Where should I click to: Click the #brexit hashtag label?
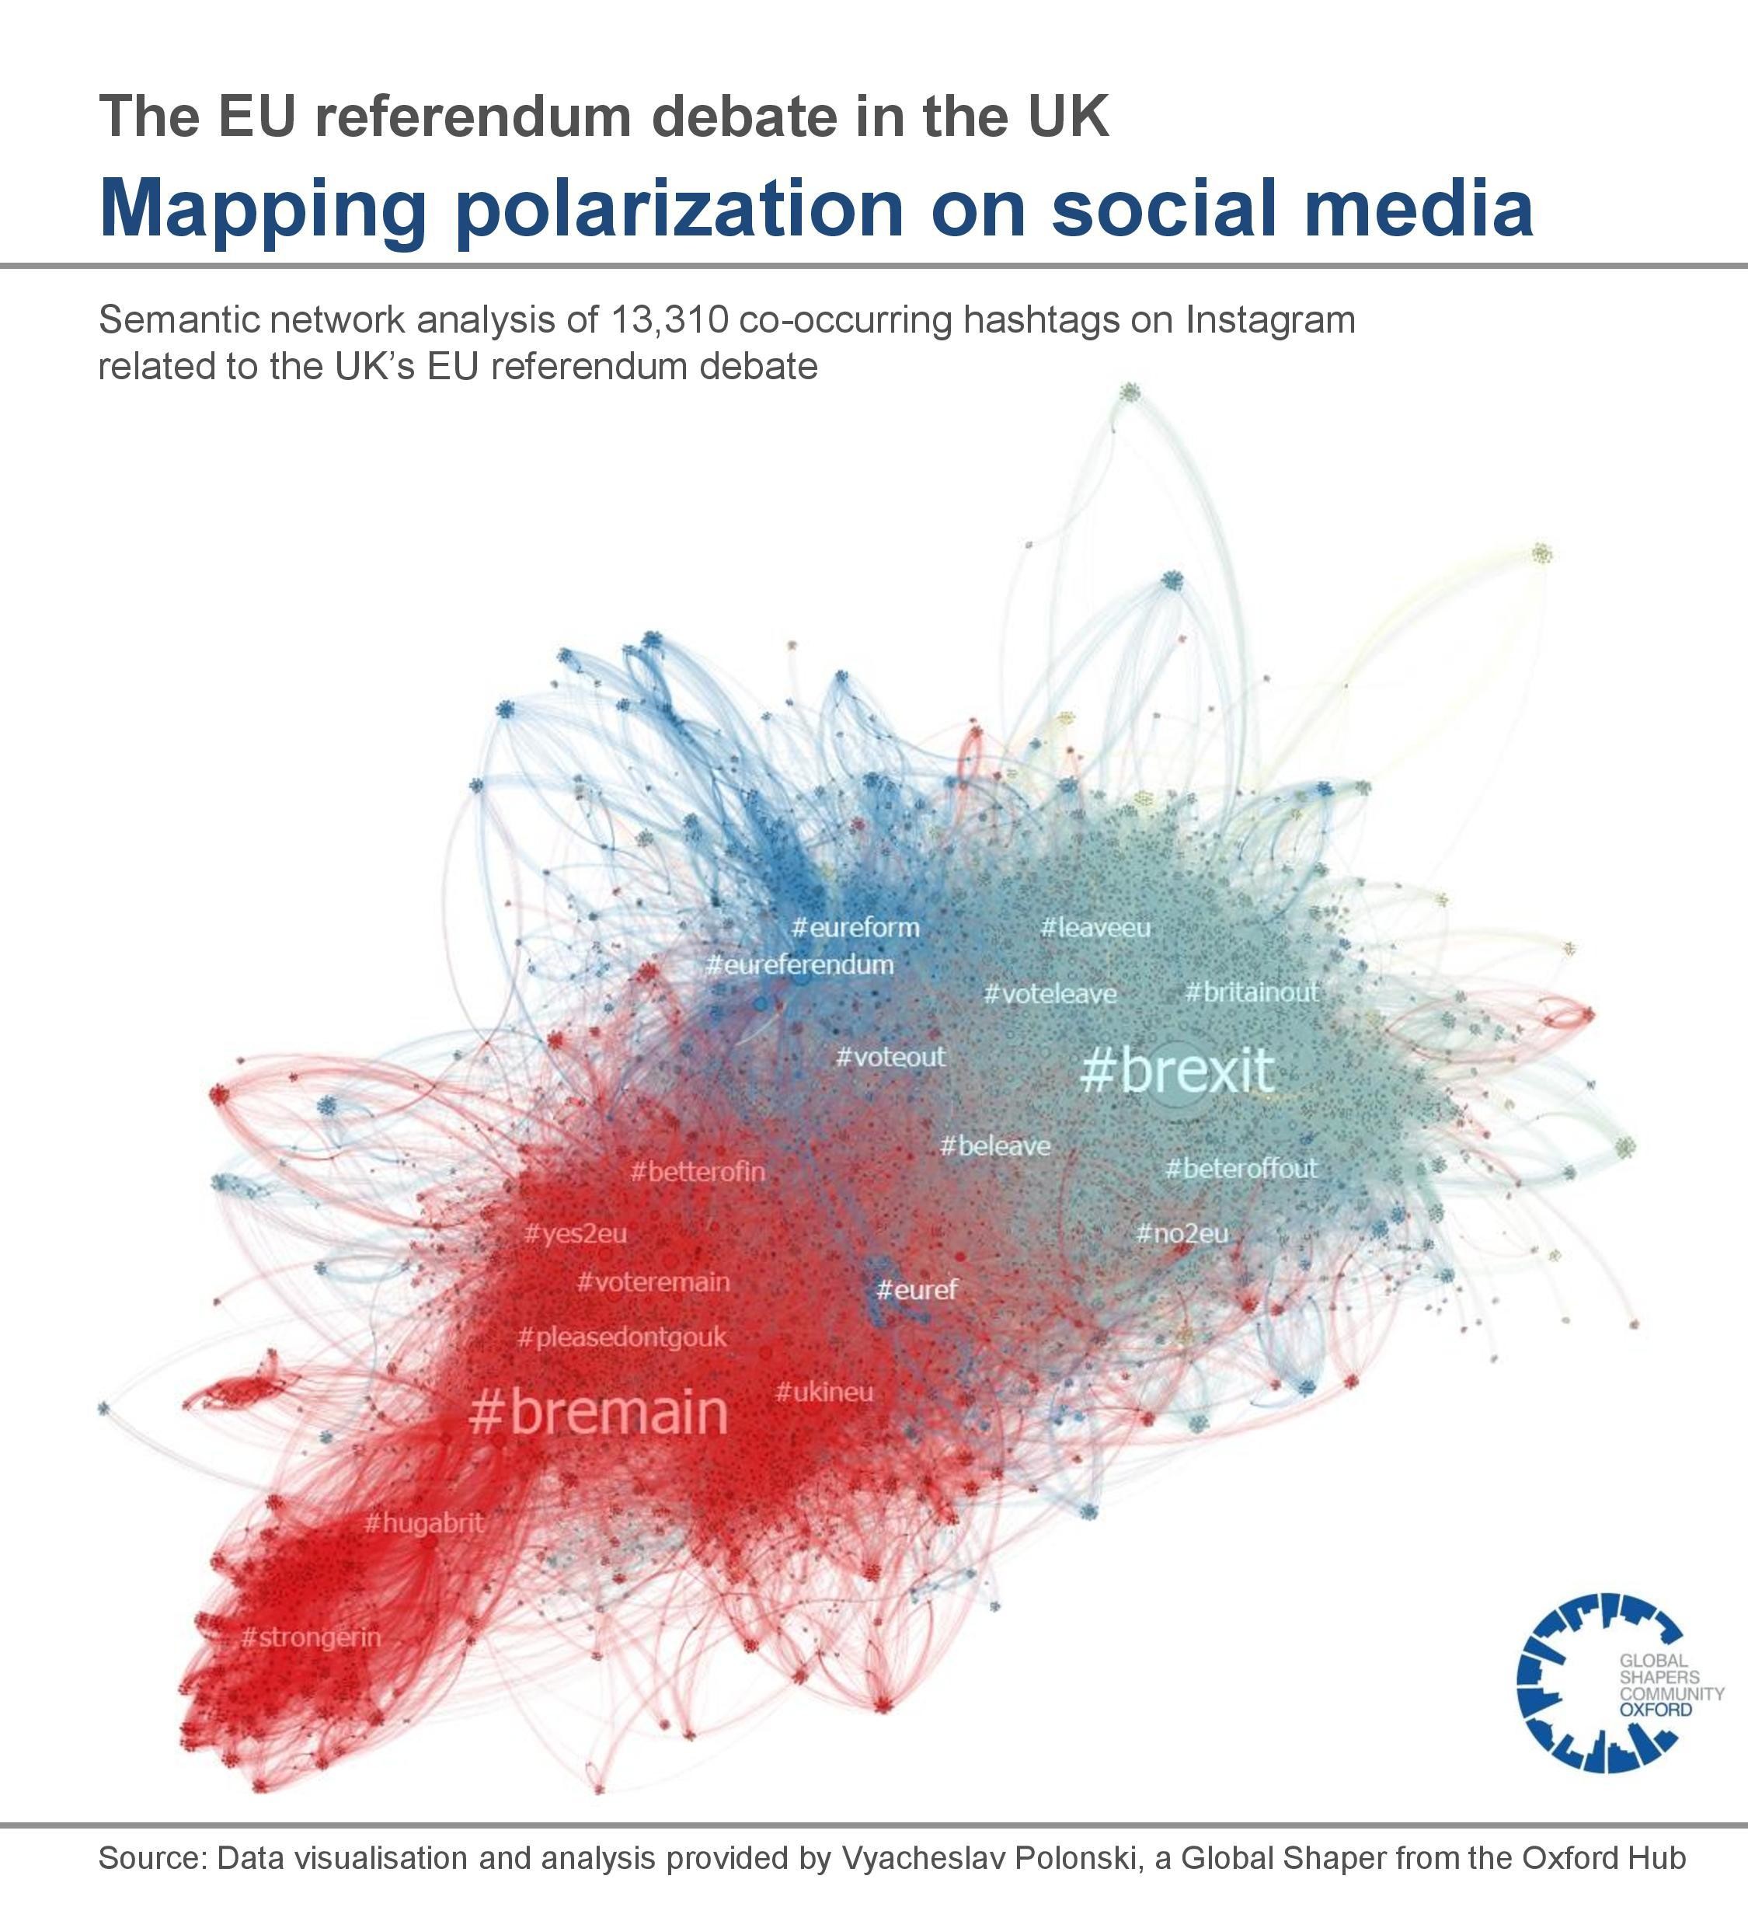pos(1176,1070)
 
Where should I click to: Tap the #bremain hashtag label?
pos(599,1413)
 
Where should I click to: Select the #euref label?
pos(916,1290)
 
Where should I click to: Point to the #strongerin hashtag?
pos(311,1637)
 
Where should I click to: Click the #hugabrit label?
pos(424,1522)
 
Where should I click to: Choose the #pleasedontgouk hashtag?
pos(622,1337)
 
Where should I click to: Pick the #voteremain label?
pos(653,1281)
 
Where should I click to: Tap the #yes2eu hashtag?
pos(575,1234)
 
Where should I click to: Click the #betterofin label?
pos(698,1172)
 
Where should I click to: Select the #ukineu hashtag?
pos(824,1392)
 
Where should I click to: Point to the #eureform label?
pos(856,927)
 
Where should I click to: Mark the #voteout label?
pos(890,1057)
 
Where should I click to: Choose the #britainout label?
pos(1252,992)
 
